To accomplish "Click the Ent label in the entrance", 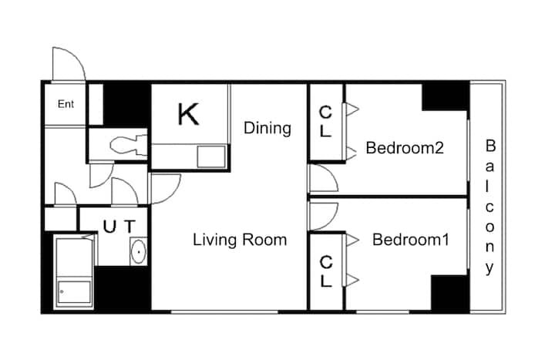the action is point(66,104).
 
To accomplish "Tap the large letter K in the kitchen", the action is point(188,114).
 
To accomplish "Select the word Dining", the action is point(267,128).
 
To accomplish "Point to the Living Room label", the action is point(240,240).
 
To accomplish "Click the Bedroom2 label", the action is point(405,147).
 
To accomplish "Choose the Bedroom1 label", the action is point(411,240).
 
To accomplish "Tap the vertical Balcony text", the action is point(490,207).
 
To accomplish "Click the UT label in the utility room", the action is point(119,227).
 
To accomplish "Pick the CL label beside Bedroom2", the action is point(325,122).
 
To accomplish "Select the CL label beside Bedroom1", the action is point(325,271).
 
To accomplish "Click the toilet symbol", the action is point(128,145).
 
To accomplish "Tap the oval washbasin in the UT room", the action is point(139,251).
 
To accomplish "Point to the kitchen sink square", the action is point(211,156).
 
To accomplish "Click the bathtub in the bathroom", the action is point(74,272).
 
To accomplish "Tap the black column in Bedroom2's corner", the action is point(446,96).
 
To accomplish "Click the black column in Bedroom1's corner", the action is point(450,294).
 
